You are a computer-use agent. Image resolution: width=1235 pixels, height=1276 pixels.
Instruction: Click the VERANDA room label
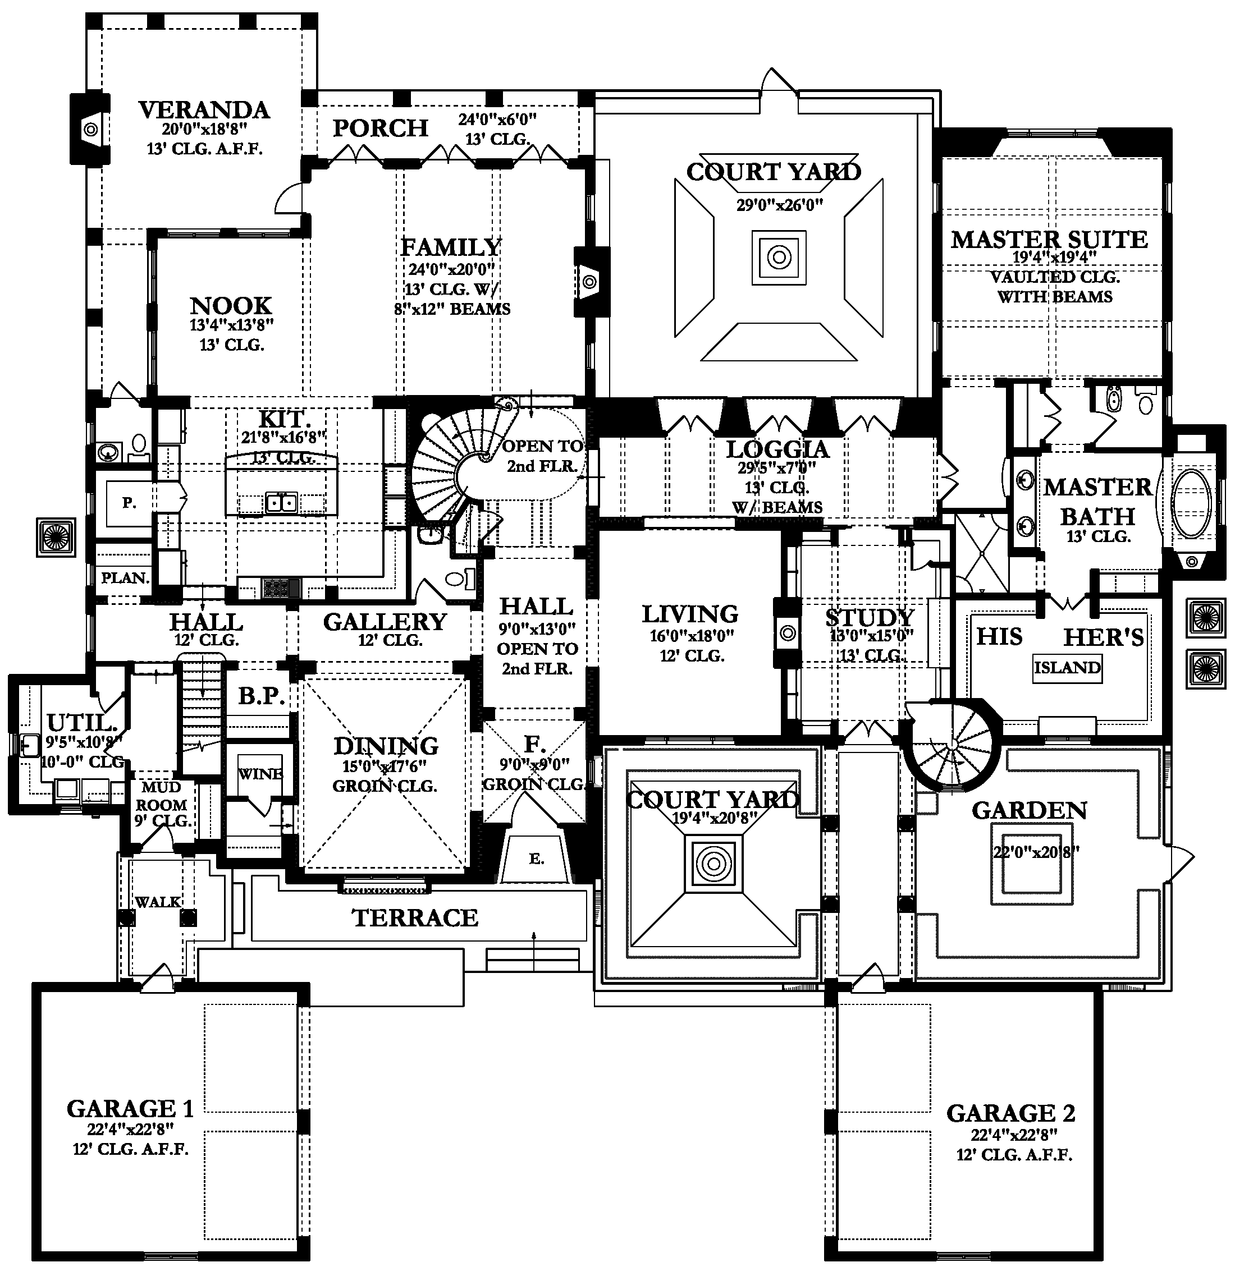point(204,110)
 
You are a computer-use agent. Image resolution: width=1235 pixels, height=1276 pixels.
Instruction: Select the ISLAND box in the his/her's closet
point(1067,668)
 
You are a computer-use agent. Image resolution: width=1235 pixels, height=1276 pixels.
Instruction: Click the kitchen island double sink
point(281,503)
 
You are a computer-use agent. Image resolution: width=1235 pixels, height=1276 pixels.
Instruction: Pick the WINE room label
point(260,774)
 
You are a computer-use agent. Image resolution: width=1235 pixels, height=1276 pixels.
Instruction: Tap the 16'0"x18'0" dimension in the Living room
point(692,636)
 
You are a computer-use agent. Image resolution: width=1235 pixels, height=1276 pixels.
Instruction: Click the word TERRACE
point(415,918)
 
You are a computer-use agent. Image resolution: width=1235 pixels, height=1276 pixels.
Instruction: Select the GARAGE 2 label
point(1010,1113)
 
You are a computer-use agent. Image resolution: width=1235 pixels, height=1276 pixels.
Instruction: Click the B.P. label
point(260,696)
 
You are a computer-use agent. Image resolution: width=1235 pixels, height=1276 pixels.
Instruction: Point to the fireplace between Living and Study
point(787,632)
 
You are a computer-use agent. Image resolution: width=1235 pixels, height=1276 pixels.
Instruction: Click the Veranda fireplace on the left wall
point(91,130)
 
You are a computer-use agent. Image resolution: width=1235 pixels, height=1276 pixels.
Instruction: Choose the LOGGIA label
point(777,449)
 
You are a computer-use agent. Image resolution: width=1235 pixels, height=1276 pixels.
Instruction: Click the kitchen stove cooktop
point(281,587)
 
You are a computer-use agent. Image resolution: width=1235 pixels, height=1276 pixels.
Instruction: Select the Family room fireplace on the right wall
point(589,282)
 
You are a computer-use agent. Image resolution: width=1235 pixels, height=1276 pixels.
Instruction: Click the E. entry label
point(536,859)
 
